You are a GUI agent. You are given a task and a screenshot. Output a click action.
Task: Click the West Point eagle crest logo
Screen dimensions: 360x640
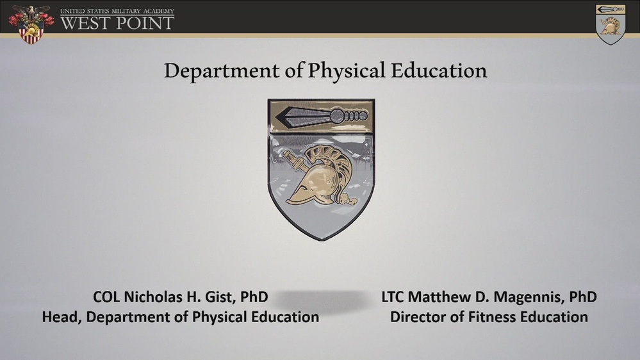31,24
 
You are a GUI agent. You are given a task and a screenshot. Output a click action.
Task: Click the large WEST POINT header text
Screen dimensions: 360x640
117,23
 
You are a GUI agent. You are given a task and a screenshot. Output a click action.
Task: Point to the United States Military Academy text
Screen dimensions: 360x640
117,11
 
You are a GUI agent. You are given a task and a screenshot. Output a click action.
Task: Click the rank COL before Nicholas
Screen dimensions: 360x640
106,297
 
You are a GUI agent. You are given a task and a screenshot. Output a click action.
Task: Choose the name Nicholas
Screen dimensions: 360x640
151,297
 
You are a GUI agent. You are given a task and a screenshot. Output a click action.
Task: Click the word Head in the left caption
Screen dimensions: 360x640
60,316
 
